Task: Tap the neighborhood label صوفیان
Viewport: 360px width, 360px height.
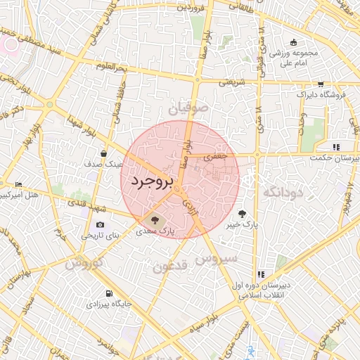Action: tap(189, 108)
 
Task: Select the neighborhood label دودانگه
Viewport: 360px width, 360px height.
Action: tap(283, 191)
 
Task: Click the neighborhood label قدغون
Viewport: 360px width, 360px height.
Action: tap(169, 266)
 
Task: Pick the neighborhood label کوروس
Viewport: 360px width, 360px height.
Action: tap(85, 263)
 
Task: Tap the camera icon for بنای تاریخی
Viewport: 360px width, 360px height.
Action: tap(101, 225)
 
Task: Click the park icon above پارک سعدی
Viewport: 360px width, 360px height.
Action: tap(155, 219)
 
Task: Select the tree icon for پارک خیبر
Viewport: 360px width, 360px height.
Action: tap(243, 214)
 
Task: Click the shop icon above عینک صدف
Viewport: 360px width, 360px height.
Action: tap(104, 153)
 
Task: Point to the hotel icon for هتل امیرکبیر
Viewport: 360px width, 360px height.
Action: tap(18, 184)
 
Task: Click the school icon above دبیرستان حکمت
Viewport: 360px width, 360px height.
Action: tap(336, 147)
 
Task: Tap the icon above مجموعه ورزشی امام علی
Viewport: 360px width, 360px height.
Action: tap(293, 41)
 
